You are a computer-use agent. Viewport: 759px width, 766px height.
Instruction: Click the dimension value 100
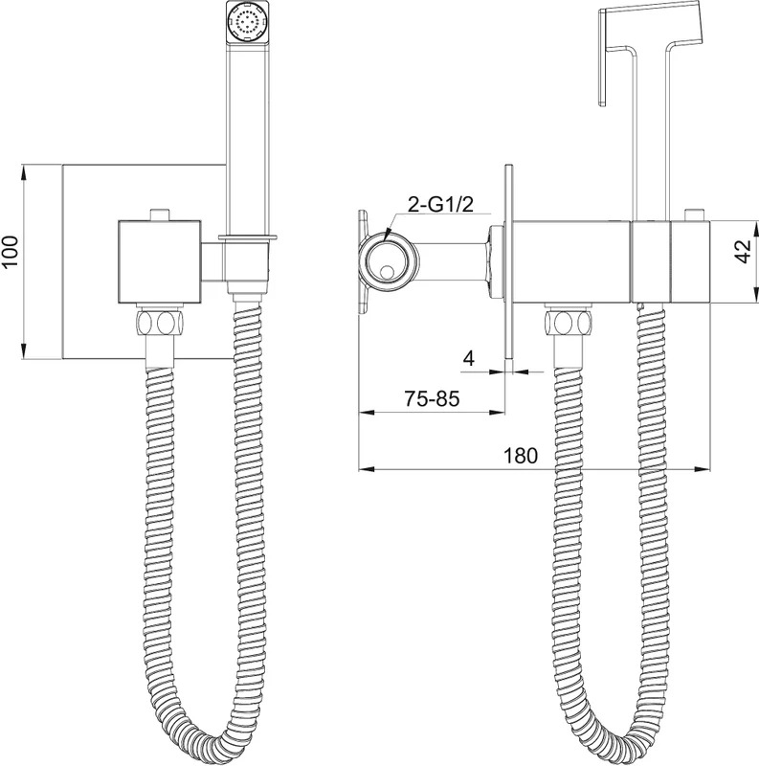(10, 252)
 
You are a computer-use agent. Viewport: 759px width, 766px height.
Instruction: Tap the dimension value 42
(744, 252)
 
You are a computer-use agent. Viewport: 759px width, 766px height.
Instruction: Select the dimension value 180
(520, 456)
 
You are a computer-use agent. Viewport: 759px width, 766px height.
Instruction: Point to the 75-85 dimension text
(432, 398)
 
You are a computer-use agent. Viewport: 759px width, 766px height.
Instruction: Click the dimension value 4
(469, 358)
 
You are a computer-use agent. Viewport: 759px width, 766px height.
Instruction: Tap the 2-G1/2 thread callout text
(440, 205)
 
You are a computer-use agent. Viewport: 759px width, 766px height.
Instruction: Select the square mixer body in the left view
(160, 261)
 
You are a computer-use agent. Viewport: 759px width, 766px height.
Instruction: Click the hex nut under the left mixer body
(161, 322)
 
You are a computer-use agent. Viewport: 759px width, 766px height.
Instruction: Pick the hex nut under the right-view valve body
(568, 322)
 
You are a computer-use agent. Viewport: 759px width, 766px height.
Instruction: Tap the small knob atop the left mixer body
(160, 214)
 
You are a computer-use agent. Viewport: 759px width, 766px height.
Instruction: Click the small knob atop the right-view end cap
(694, 214)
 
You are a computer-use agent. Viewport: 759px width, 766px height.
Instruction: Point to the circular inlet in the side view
(389, 262)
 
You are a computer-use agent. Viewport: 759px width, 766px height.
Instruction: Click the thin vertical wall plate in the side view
(508, 261)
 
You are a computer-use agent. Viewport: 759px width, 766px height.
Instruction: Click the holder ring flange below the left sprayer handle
(248, 237)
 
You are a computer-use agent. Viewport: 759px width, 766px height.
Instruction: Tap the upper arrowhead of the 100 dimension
(23, 171)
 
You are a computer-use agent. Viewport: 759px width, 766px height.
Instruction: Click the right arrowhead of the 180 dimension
(703, 469)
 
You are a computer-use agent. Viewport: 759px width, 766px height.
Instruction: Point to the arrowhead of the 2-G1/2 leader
(388, 235)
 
